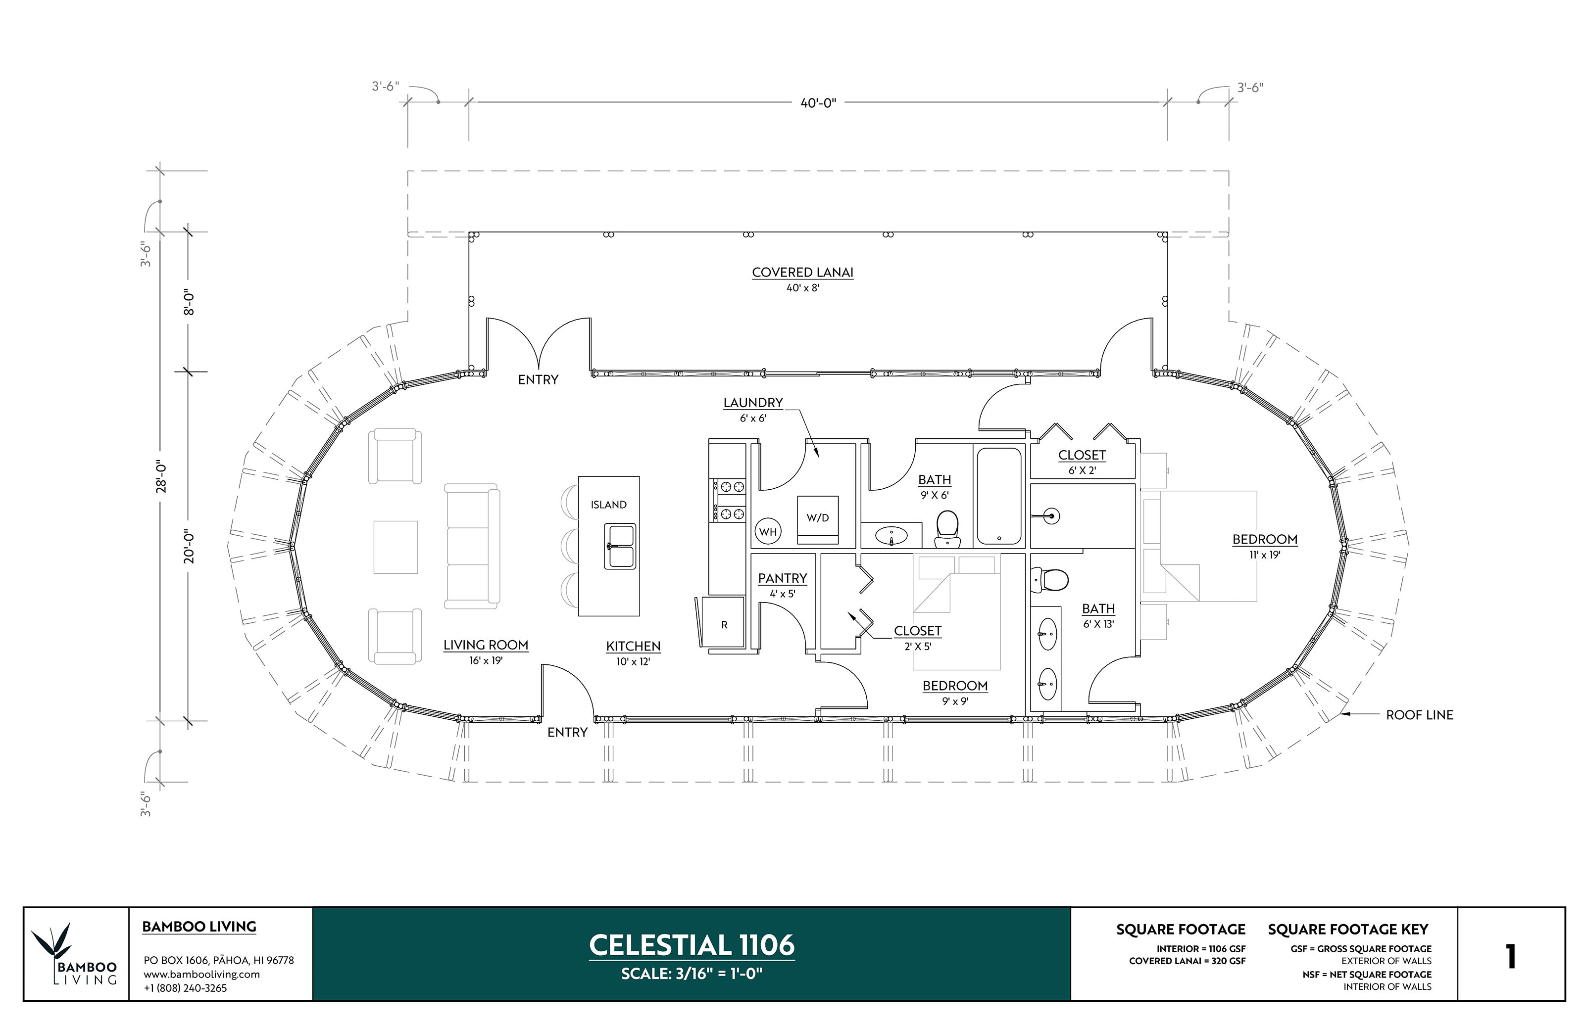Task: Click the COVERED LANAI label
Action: (802, 273)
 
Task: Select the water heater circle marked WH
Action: (768, 531)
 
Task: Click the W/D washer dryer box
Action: (818, 518)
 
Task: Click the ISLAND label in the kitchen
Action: (608, 505)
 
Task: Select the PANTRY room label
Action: (783, 578)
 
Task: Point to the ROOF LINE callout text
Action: (1419, 715)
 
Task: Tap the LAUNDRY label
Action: (753, 403)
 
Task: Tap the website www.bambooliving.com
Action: (201, 974)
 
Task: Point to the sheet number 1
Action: (1510, 957)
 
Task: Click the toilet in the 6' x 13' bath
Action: (1050, 579)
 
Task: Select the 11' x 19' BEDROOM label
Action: (1264, 540)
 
